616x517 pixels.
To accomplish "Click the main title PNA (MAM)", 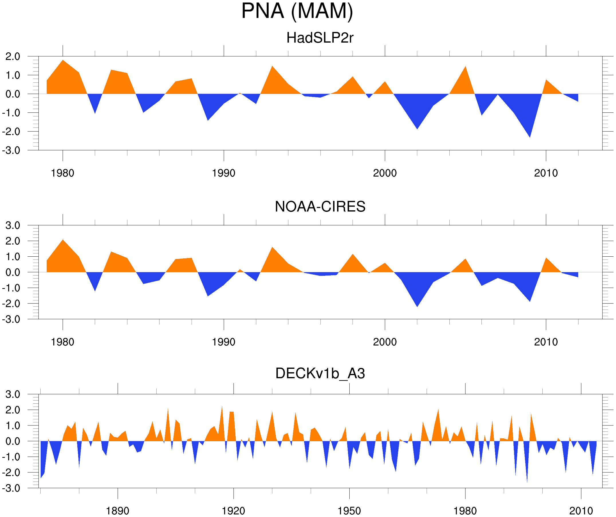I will point(297,11).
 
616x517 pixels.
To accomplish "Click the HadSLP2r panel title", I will point(320,38).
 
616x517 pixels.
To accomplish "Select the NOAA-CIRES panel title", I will point(320,207).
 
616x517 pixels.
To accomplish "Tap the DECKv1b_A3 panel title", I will point(320,373).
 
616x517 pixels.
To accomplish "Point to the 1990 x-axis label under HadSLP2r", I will point(224,173).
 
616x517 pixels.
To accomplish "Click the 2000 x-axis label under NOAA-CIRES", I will point(385,342).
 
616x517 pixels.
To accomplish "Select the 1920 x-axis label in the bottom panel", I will point(233,511).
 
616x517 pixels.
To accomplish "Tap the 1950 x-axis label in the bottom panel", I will point(349,511).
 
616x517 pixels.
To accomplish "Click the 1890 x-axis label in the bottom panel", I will point(117,511).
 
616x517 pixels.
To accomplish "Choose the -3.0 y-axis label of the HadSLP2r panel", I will point(11,151).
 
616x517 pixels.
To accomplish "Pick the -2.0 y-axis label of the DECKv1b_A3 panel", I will point(11,473).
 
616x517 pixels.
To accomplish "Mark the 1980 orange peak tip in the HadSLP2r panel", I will point(63,60).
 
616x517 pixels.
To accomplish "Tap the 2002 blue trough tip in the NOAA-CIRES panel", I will point(417,306).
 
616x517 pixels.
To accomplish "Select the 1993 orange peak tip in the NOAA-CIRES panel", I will point(272,247).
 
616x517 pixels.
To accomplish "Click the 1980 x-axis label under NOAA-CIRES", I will point(62,342).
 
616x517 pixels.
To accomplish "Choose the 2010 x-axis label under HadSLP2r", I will point(546,173).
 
